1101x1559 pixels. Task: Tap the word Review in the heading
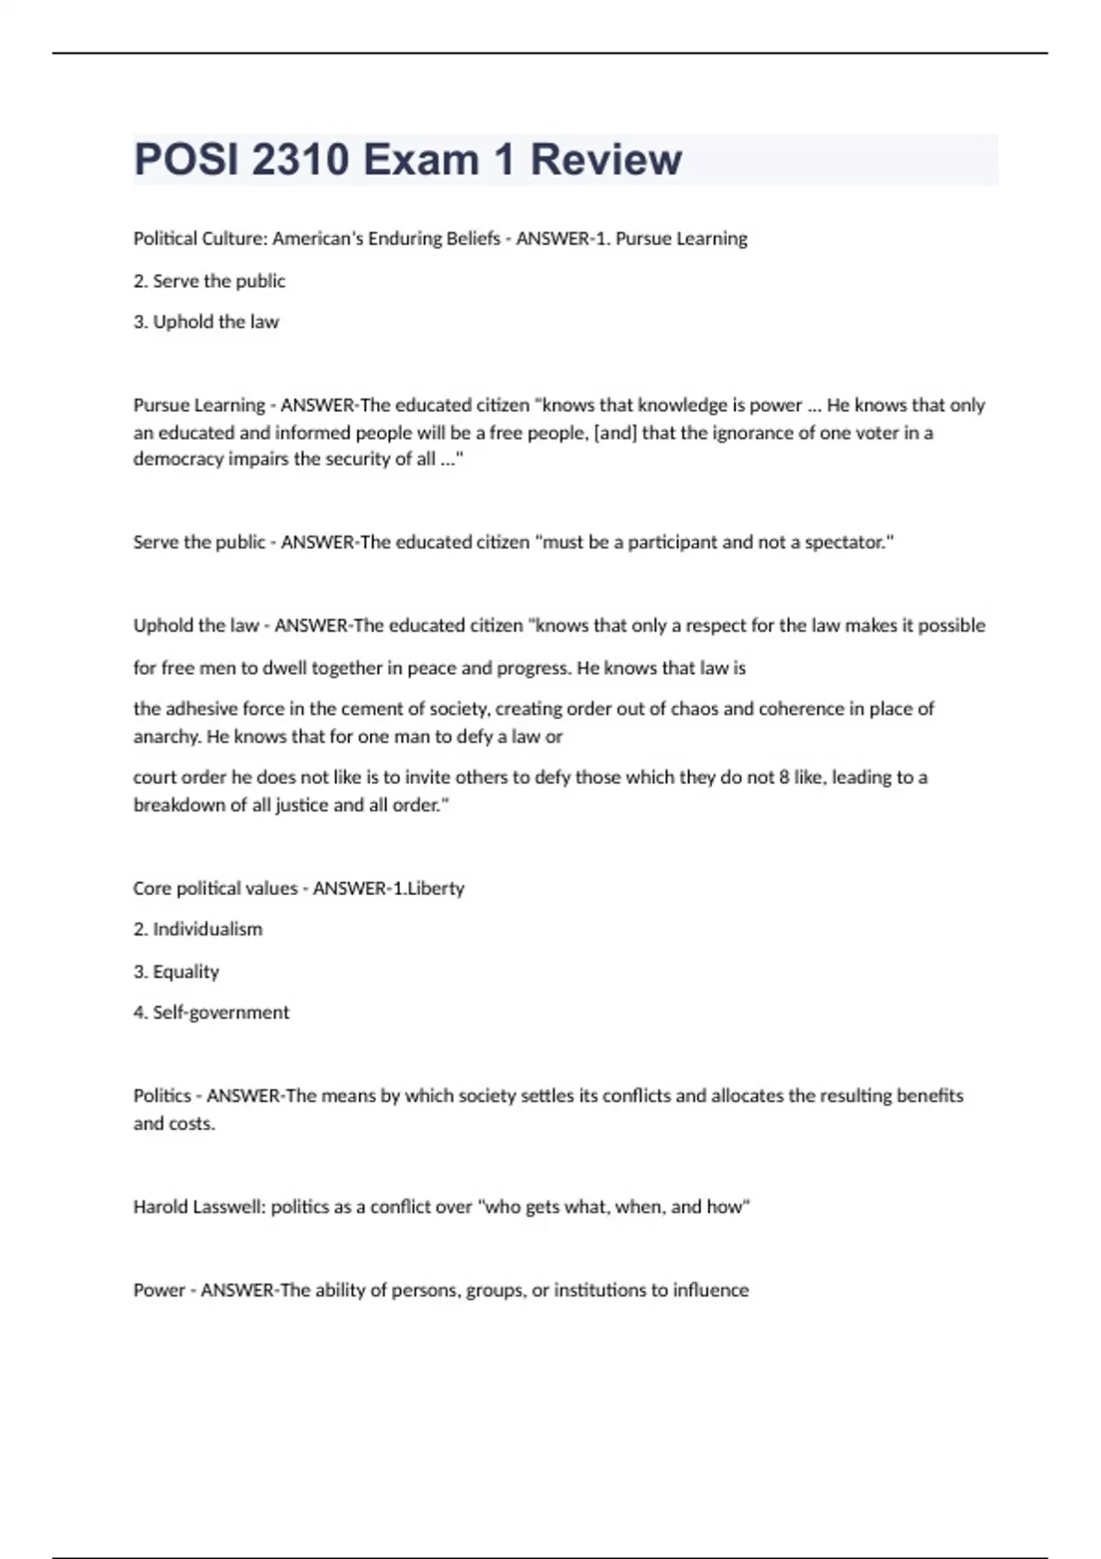coord(606,160)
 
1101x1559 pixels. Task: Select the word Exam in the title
coord(421,160)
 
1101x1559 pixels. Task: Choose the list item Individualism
coord(207,929)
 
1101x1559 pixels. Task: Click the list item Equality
coord(185,971)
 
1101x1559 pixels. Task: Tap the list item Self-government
coord(220,1012)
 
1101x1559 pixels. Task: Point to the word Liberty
coord(436,889)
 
